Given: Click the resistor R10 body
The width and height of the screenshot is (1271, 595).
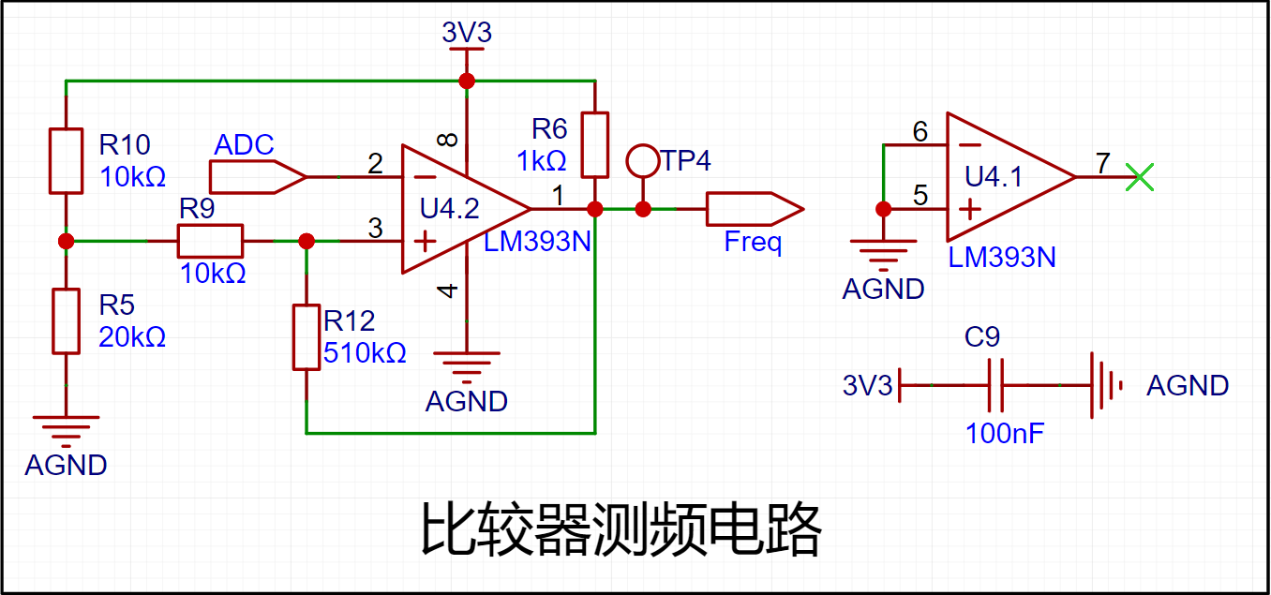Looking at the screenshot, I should [x=66, y=160].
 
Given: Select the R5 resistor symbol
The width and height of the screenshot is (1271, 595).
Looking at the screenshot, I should [x=66, y=320].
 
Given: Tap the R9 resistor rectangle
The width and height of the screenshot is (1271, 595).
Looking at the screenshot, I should [x=210, y=241].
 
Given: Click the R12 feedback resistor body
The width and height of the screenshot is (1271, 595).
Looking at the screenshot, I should [x=307, y=336].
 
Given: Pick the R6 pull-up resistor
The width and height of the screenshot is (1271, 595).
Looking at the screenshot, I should [x=594, y=144].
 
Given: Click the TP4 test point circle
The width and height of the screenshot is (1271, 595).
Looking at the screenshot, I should [x=643, y=161].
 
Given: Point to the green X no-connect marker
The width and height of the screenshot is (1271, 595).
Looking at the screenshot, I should [x=1140, y=176].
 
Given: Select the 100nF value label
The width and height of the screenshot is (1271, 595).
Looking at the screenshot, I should [x=1005, y=434].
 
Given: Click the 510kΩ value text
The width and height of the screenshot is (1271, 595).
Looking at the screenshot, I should [x=365, y=353].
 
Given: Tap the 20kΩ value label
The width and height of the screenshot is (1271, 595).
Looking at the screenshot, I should [x=132, y=337].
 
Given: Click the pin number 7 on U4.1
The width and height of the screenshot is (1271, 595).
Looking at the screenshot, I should [x=1102, y=163].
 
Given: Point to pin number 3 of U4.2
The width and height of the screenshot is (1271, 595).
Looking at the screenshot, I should [x=375, y=228].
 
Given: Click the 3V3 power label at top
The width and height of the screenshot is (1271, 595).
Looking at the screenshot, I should [x=467, y=34].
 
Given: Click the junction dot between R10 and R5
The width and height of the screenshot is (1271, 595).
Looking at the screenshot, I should [x=66, y=241].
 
